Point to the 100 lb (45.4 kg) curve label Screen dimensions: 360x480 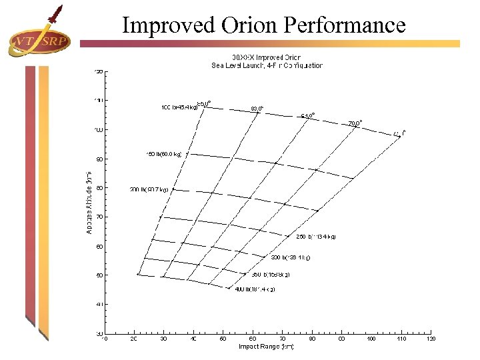click(179, 107)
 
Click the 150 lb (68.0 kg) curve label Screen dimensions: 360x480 click(163, 154)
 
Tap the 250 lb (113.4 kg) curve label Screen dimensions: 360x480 click(316, 236)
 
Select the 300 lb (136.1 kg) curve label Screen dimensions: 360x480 click(290, 257)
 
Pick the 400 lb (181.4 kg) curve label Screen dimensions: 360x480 click(255, 289)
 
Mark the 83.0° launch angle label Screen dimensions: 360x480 click(257, 107)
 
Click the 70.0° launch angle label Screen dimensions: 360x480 click(355, 123)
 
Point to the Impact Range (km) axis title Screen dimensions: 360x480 click(266, 346)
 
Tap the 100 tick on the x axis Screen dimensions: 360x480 click(371, 339)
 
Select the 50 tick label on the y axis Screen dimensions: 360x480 click(99, 275)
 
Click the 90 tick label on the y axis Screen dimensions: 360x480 click(99, 159)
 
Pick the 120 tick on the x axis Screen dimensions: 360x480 click(431, 339)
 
